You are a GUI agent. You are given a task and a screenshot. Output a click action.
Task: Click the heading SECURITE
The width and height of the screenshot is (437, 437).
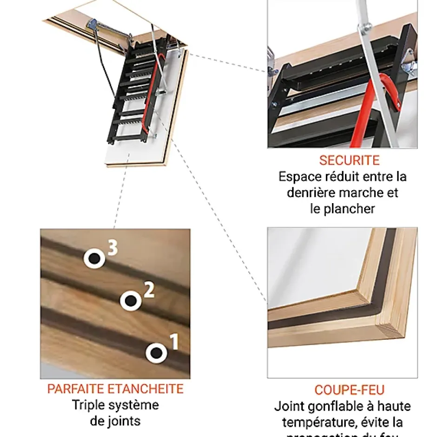click(x=349, y=160)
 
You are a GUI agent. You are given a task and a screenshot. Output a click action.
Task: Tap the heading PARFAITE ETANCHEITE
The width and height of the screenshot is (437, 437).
click(x=115, y=389)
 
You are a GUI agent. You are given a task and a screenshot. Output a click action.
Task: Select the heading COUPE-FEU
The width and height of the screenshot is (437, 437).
click(x=350, y=390)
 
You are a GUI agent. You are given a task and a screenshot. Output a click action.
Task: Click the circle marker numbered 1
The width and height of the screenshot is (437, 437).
click(x=156, y=353)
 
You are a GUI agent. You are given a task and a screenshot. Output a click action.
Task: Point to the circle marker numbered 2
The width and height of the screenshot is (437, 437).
click(x=131, y=301)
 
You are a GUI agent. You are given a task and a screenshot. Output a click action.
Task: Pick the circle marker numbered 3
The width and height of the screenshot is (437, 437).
click(x=94, y=258)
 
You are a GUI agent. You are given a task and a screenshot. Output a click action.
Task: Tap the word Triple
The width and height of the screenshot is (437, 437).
click(x=89, y=405)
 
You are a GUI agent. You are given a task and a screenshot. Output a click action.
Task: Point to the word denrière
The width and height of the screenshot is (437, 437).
click(x=309, y=192)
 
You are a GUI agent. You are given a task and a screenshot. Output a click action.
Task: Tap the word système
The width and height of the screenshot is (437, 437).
click(x=134, y=405)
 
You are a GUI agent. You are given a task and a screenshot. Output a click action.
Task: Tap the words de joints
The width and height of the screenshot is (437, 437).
click(x=115, y=421)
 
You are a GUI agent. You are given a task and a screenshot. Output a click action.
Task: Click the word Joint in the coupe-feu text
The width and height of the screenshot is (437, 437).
click(x=290, y=406)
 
